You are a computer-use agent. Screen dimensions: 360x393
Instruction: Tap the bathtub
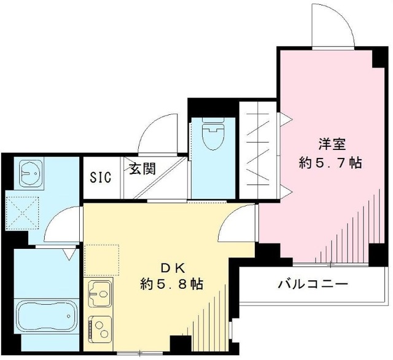tap(40, 316)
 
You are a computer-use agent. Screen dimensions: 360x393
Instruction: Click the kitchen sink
tap(100, 294)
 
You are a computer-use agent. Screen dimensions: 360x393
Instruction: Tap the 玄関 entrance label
tap(142, 168)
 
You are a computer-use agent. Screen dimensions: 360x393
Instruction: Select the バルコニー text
tap(313, 284)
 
